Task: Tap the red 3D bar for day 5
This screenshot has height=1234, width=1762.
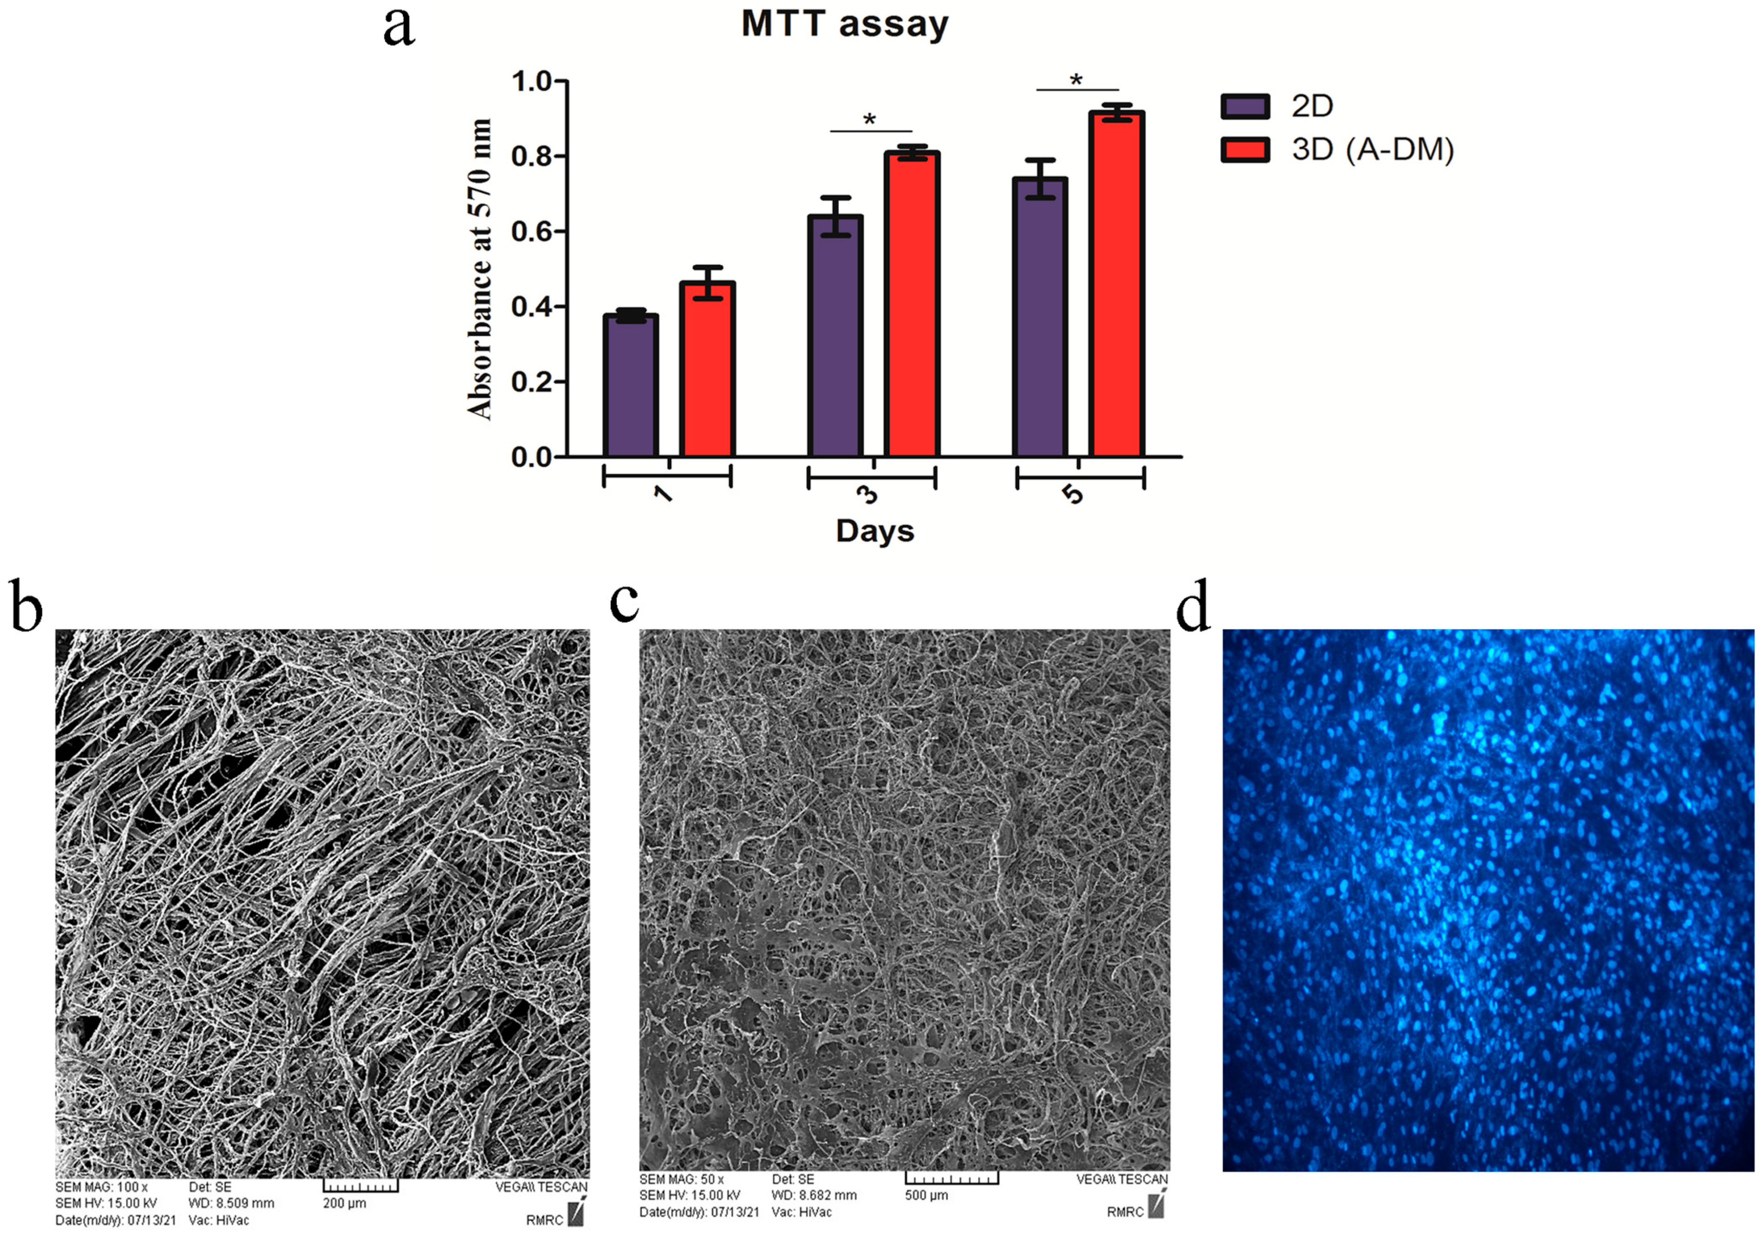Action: click(1116, 285)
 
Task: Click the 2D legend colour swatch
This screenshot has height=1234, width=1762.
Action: click(1245, 106)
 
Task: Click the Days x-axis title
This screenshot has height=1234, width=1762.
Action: click(875, 531)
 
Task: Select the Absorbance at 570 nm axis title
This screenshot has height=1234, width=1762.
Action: click(480, 269)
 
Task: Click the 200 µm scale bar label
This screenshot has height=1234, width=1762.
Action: click(345, 1203)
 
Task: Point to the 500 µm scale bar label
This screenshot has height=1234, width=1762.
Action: click(927, 1196)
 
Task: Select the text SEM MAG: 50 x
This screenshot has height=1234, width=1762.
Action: click(681, 1180)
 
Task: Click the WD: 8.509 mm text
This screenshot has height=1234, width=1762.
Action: click(231, 1203)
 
